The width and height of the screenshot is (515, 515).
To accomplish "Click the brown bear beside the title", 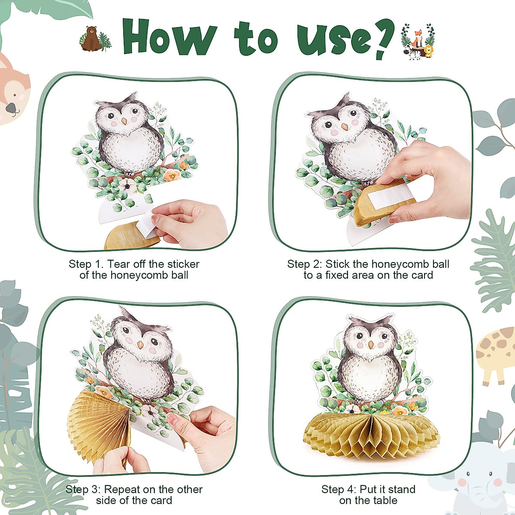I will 91,39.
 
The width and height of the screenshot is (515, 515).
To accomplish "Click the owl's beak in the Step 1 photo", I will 124,121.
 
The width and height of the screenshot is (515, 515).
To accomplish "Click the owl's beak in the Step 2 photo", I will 344,127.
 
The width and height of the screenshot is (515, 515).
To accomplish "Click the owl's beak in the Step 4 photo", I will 370,344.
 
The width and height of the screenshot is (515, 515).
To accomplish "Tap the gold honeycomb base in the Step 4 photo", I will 371,433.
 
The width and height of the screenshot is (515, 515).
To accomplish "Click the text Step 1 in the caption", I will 85,264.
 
